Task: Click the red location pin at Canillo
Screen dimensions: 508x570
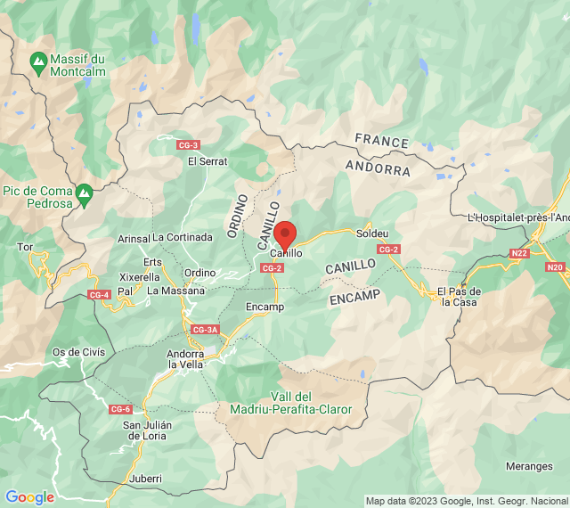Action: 285,234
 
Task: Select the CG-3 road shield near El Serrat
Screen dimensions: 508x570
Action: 188,144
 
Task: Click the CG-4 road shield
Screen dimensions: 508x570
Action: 99,294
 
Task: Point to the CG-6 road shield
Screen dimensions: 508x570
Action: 121,408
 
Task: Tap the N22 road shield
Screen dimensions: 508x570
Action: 519,253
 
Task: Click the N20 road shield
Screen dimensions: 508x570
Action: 555,266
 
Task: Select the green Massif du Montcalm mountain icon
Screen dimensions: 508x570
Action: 38,64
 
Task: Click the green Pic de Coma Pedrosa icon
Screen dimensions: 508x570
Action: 84,192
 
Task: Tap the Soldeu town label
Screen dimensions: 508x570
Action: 372,234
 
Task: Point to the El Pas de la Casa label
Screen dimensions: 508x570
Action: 459,297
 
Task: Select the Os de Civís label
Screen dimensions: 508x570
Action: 78,351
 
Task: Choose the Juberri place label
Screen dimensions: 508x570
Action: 145,479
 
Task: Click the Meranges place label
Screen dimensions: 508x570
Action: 529,466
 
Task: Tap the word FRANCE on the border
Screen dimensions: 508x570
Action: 381,141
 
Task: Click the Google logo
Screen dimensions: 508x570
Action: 29,497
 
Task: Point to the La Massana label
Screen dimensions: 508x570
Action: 175,291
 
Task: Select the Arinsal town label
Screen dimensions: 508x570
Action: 134,238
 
